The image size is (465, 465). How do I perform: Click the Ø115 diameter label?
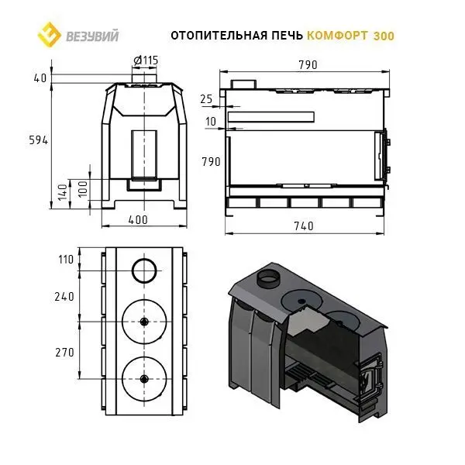(146, 60)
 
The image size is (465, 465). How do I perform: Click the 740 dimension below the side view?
(305, 226)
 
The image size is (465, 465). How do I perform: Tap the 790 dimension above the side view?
(305, 64)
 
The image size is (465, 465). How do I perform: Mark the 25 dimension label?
(205, 99)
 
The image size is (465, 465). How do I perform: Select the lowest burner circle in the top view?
(144, 378)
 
